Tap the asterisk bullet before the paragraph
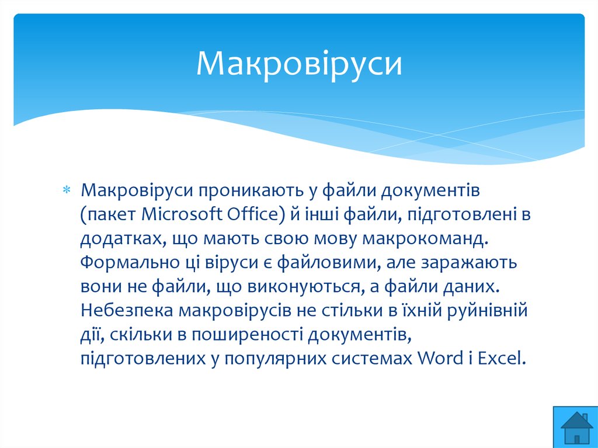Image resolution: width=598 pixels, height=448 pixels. click(67, 190)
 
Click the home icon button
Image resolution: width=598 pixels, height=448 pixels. click(575, 427)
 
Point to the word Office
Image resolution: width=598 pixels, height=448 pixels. click(256, 214)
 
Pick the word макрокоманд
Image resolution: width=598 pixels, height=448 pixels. click(425, 238)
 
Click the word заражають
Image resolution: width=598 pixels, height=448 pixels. click(469, 262)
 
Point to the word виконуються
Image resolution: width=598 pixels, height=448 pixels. click(304, 287)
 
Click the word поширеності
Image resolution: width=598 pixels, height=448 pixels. click(247, 335)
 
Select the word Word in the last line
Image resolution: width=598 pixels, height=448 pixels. click(440, 358)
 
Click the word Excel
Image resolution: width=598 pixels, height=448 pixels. click(502, 358)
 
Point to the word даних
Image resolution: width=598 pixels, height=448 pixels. click(471, 287)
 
